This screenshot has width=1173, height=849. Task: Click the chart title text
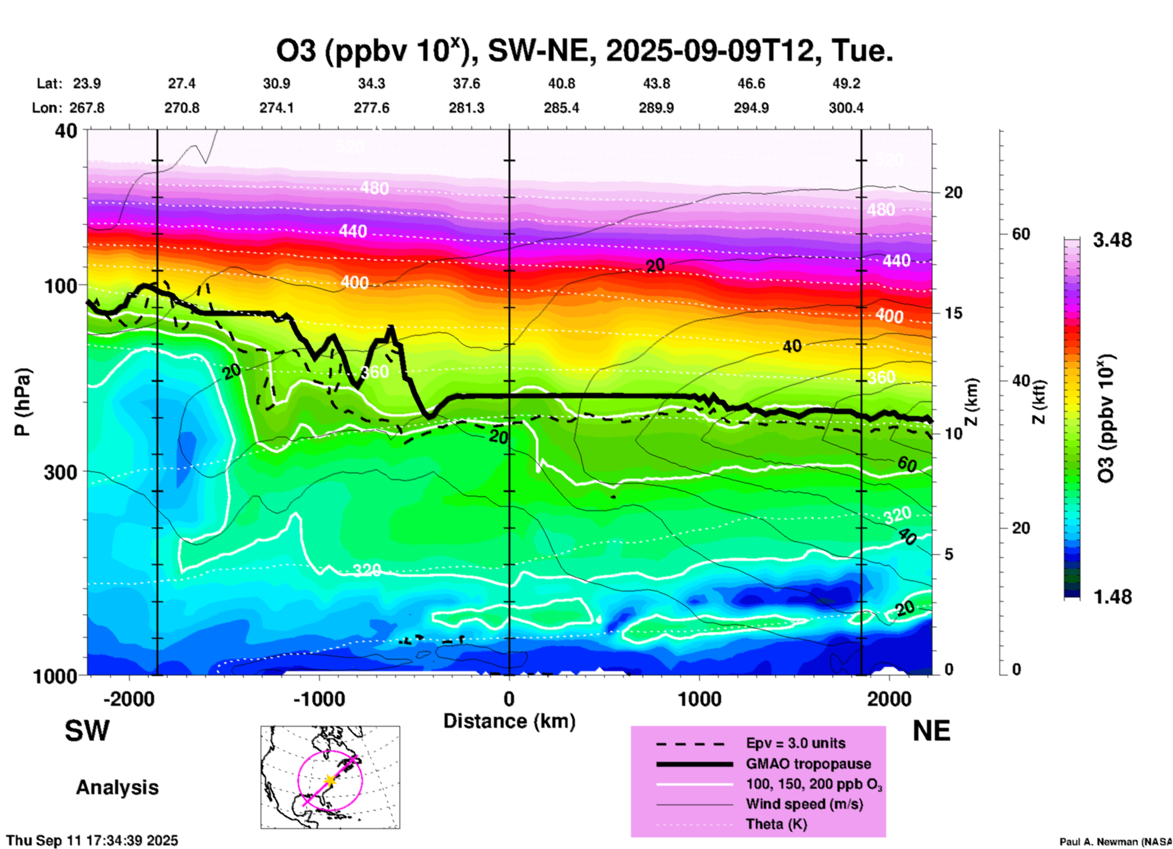coord(585,51)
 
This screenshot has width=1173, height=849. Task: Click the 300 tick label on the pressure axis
coord(61,472)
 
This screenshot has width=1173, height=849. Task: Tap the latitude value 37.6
coord(467,83)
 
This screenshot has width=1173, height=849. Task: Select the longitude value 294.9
coord(751,108)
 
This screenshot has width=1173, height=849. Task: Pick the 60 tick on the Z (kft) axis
coord(1021,234)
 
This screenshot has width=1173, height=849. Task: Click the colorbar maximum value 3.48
coord(1112,241)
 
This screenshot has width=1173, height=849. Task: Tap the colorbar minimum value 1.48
coord(1112,597)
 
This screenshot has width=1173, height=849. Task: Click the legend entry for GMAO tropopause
coord(808,764)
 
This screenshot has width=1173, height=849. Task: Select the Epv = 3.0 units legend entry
coord(795,744)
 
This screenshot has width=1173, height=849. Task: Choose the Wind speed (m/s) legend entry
coord(804,805)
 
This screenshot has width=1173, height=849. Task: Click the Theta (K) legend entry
coord(776,825)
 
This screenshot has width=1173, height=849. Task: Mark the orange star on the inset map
coord(330,780)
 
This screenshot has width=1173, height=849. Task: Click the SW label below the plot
coord(87,731)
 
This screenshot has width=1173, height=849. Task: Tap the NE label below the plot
coord(931,731)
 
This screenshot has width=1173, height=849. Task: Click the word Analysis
coord(117,787)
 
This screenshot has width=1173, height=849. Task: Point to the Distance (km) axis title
coord(509,721)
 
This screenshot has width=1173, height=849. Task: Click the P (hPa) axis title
coord(23,402)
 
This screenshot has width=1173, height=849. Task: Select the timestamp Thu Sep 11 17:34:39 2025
coord(93,840)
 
